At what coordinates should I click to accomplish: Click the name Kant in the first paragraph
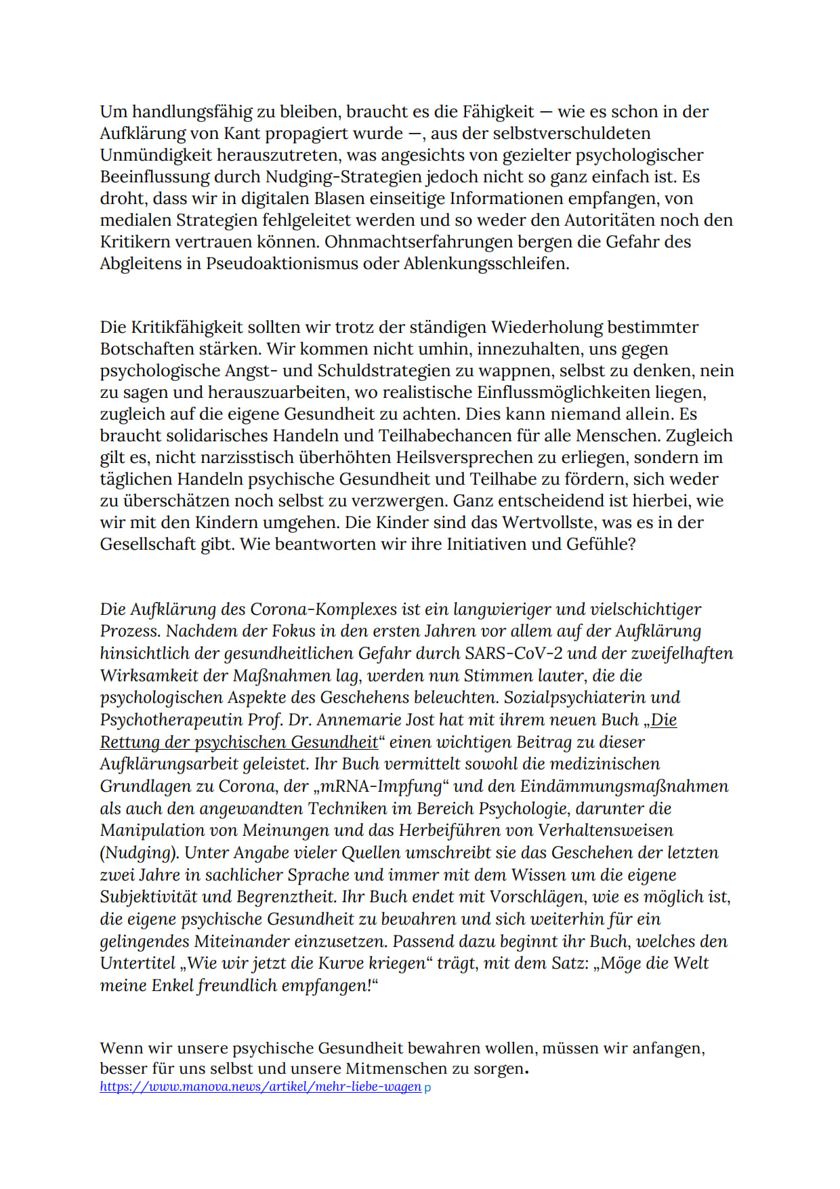coord(242,134)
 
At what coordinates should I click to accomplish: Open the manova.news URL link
coord(260,1087)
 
